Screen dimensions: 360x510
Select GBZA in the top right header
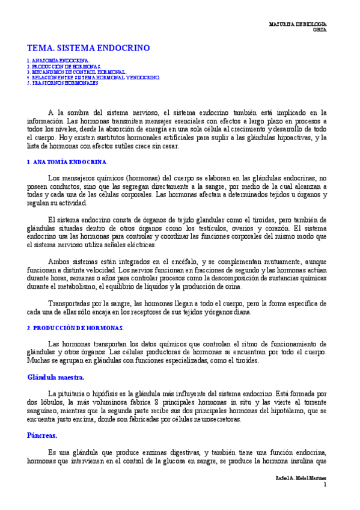(x=320, y=29)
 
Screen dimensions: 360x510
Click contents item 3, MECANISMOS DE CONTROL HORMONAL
(x=76, y=72)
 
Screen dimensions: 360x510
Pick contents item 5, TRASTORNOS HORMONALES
(x=63, y=83)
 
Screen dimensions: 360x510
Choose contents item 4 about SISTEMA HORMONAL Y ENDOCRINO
(x=93, y=78)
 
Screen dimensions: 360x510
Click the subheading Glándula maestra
(x=56, y=377)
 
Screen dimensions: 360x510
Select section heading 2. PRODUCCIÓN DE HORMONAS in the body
(x=75, y=328)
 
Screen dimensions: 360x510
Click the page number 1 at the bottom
(x=325, y=484)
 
